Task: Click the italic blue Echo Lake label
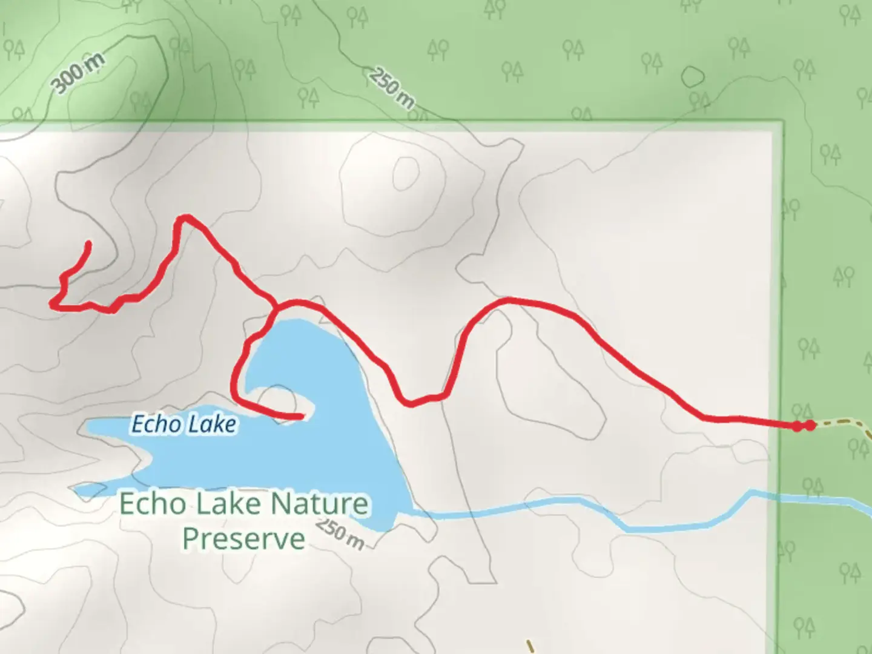pyautogui.click(x=183, y=424)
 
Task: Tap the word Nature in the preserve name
pyautogui.click(x=319, y=504)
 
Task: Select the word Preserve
pyautogui.click(x=243, y=539)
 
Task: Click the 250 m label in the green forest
pyautogui.click(x=392, y=88)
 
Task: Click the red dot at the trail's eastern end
pyautogui.click(x=810, y=425)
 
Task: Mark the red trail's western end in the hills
pyautogui.click(x=88, y=244)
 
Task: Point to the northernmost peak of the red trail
pyautogui.click(x=186, y=217)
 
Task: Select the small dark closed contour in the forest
pyautogui.click(x=693, y=77)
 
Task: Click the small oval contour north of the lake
pyautogui.click(x=406, y=173)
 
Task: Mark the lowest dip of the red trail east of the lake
pyautogui.click(x=411, y=403)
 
